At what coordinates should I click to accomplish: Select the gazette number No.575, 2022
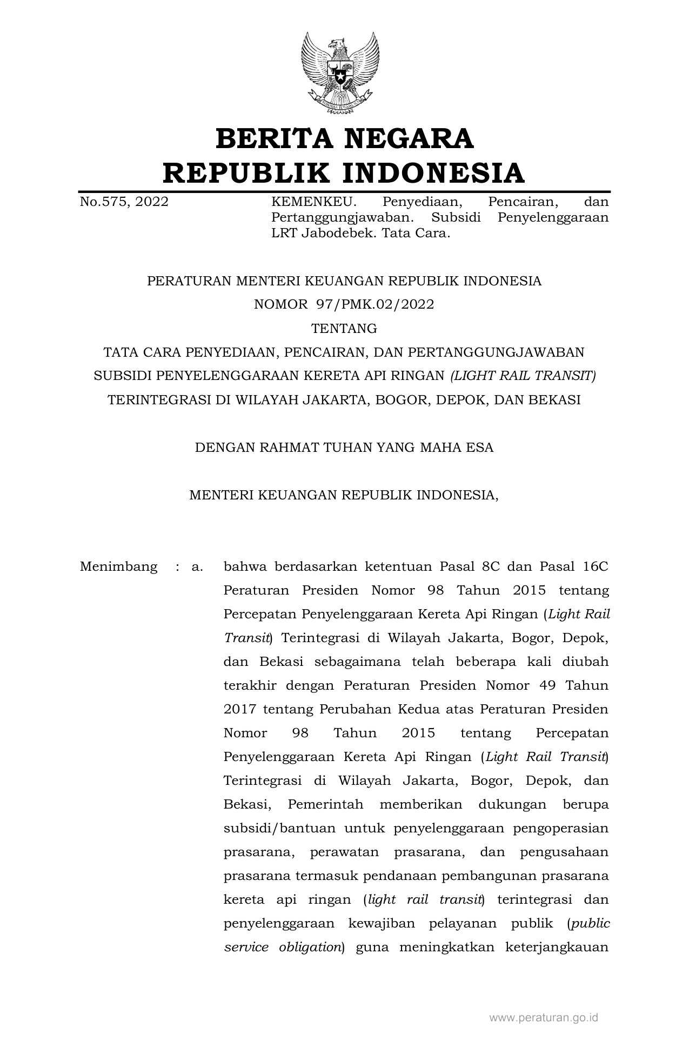click(124, 202)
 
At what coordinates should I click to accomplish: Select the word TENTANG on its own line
click(344, 329)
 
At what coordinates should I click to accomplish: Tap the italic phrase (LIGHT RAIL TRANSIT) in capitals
click(523, 376)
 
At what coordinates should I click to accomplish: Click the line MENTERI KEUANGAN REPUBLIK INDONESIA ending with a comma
click(344, 495)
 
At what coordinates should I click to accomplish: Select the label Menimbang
click(118, 567)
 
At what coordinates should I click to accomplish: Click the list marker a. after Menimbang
click(197, 567)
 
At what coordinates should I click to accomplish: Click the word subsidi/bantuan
click(279, 829)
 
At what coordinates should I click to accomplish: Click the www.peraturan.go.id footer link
click(544, 1018)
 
